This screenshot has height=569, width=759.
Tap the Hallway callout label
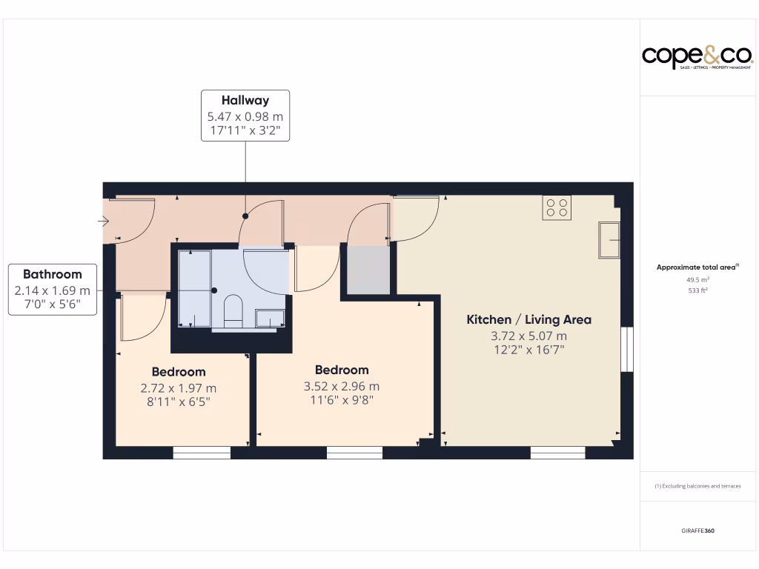245,116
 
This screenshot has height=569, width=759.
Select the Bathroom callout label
52,289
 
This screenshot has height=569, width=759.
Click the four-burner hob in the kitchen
557,207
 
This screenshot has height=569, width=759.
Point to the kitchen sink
609,239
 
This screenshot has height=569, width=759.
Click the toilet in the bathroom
233,310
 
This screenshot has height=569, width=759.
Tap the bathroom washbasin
271,319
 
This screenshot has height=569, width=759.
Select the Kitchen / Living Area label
528,319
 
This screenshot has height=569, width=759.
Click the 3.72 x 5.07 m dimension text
528,336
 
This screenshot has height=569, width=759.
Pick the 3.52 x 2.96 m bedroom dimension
342,386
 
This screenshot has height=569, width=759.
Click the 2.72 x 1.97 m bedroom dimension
179,387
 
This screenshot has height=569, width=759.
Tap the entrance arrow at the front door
103,221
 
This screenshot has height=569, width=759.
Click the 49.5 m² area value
697,280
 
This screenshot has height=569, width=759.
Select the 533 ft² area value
697,290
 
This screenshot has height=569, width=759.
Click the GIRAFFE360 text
697,530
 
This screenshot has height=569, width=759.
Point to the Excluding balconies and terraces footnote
697,486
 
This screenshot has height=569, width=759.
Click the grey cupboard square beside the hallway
368,270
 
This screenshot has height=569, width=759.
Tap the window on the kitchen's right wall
627,348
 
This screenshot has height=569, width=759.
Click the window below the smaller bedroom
202,452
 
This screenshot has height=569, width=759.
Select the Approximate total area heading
696,267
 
